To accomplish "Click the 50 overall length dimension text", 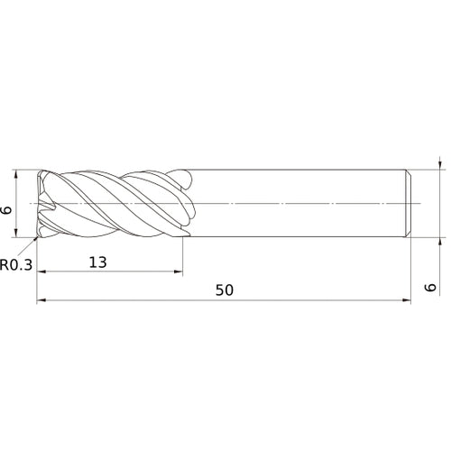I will (x=225, y=290).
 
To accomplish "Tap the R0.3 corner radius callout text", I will (x=17, y=265).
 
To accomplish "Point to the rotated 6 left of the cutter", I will (x=8, y=210).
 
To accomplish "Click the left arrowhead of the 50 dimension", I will (x=41, y=301).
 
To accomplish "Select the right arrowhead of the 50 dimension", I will (x=409, y=301).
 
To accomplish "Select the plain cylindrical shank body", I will (x=298, y=204).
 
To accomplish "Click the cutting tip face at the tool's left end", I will (x=41, y=204).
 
